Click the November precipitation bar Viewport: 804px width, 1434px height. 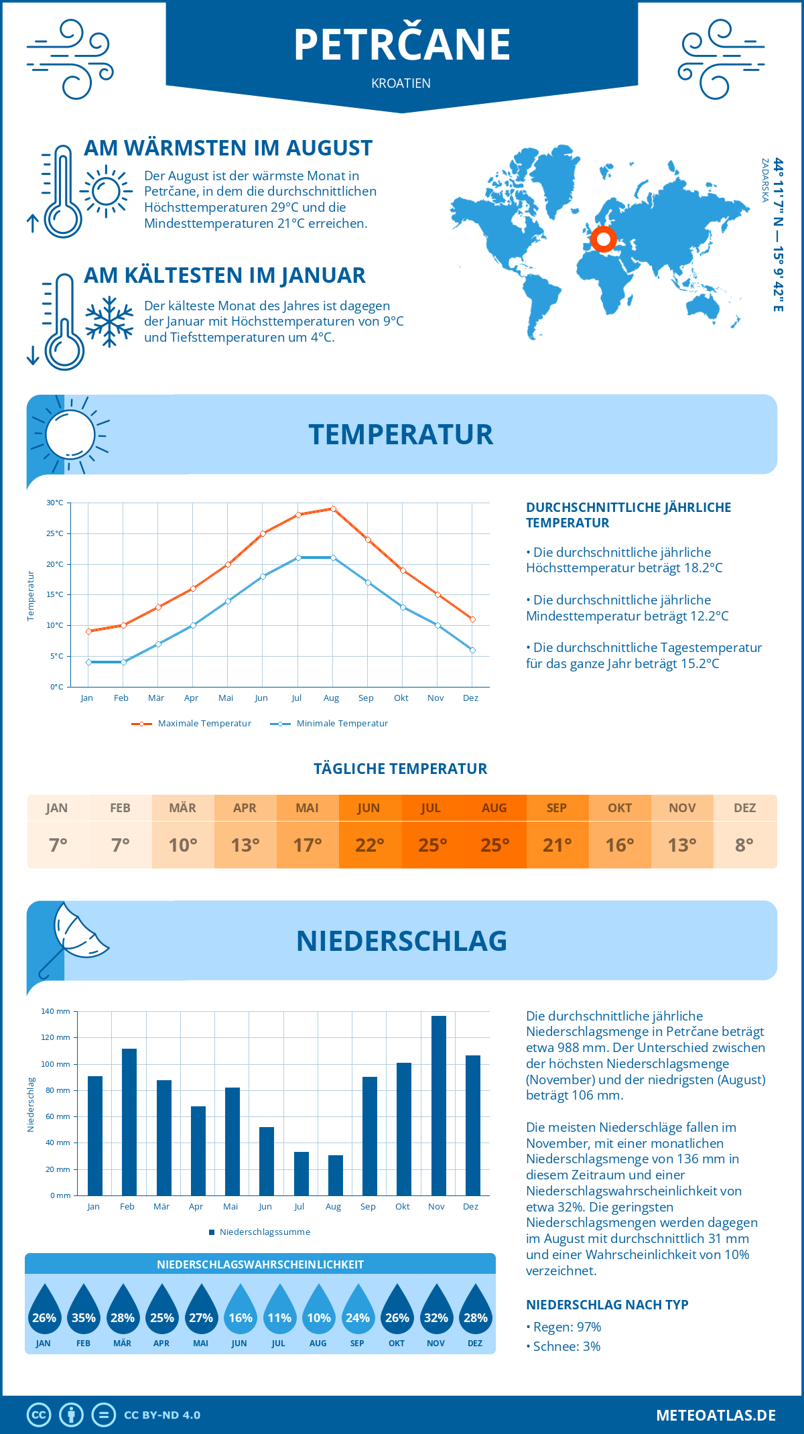click(x=438, y=1106)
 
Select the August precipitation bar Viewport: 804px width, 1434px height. click(x=335, y=1175)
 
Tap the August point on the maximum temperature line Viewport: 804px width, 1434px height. click(x=333, y=509)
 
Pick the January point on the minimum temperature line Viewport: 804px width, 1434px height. click(x=88, y=662)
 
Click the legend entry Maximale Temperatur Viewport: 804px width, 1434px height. click(x=192, y=724)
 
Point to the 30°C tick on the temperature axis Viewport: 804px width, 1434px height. click(x=55, y=503)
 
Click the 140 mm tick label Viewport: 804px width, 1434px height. click(x=56, y=1011)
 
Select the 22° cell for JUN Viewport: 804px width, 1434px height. click(x=370, y=845)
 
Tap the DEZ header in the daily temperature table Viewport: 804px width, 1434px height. click(x=745, y=808)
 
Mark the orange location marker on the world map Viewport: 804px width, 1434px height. click(x=603, y=239)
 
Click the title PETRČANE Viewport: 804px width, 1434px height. click(x=402, y=45)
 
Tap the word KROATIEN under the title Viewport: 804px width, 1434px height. click(x=401, y=83)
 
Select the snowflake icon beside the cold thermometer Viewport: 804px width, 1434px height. click(x=109, y=322)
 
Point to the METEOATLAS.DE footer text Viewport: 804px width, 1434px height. click(x=716, y=1415)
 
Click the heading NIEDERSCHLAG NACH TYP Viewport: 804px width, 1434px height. click(x=607, y=1305)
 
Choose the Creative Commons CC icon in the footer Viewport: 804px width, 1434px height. click(x=39, y=1415)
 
